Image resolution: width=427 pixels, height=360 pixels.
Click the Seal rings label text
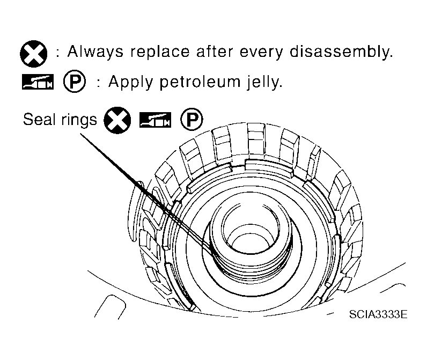[60, 119]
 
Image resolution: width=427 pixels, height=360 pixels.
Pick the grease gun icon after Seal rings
[156, 120]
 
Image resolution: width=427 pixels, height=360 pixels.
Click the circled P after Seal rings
[192, 120]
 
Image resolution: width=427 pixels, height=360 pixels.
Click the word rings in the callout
[79, 120]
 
